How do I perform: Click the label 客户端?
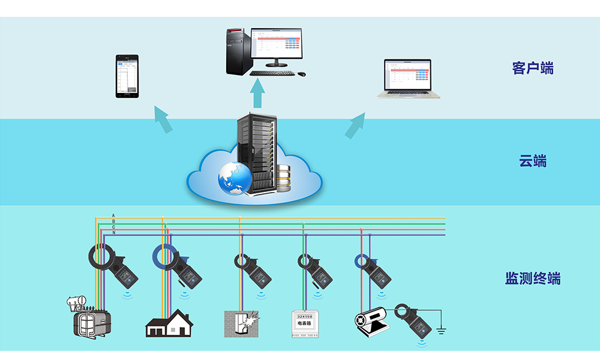click(533, 68)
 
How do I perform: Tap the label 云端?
click(533, 161)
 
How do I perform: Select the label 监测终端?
click(533, 278)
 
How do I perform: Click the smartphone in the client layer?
click(127, 76)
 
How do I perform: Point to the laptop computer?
click(408, 79)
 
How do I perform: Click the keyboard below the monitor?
click(272, 73)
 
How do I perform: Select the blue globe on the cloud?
click(235, 179)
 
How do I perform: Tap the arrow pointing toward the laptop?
click(355, 125)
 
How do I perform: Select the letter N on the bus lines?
click(113, 233)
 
